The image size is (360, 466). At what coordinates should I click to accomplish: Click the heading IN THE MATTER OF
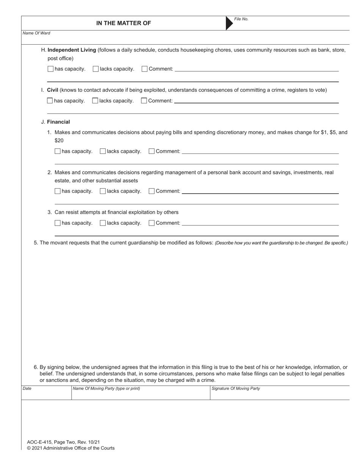pos(124,23)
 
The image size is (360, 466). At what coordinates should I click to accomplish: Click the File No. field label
pos(241,19)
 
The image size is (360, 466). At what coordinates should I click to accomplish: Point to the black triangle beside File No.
pos(229,23)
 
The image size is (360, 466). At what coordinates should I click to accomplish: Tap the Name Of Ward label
pos(36,33)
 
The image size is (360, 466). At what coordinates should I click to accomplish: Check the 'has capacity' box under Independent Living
pos(50,69)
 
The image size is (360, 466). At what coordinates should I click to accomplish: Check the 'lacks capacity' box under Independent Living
pos(95,69)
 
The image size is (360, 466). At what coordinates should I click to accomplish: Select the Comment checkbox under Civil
pos(144,101)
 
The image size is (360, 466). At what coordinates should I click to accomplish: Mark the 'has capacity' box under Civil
pos(50,101)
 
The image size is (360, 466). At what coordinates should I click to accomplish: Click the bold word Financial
pos(58,122)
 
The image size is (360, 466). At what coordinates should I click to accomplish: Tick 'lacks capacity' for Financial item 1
pos(103,151)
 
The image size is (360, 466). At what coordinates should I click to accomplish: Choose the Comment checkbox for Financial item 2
pos(152,191)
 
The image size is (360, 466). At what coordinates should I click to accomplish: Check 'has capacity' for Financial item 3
pos(58,223)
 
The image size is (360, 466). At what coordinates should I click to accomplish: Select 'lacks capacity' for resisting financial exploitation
pos(103,223)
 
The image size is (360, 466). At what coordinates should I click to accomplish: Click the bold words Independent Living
pos(72,50)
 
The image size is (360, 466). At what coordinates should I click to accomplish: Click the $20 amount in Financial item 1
pos(59,141)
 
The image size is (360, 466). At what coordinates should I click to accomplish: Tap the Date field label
pos(27,388)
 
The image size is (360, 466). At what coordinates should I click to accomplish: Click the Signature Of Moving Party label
pos(236,388)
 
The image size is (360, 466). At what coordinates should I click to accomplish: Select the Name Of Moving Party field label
pos(106,388)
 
